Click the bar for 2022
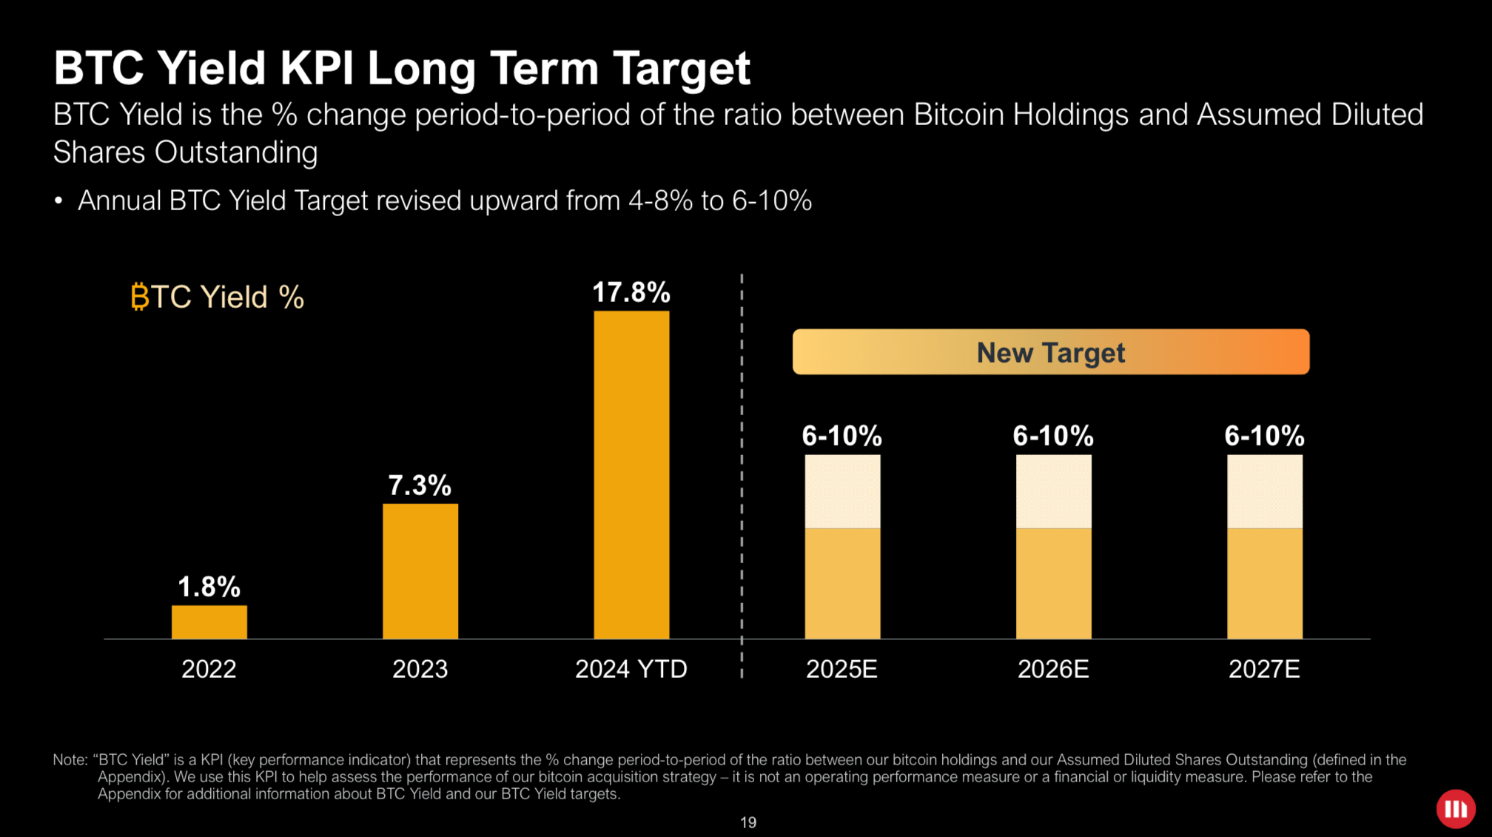pos(209,622)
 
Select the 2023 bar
pos(420,571)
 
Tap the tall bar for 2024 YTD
pos(631,474)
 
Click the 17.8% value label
pos(631,292)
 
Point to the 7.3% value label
pos(420,485)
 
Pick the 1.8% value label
pos(209,587)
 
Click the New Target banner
pos(1050,352)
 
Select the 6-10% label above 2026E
pos(1053,436)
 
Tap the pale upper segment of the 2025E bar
pos(842,491)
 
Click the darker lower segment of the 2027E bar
pos(1264,583)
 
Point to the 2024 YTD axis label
pos(631,669)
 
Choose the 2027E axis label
pos(1264,669)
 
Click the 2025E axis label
pos(841,669)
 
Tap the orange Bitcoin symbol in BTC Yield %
pos(139,297)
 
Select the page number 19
pos(748,822)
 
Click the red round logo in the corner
pos(1456,809)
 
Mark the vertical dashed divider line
pos(742,474)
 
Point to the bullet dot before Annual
pos(58,201)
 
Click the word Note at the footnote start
pos(69,760)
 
